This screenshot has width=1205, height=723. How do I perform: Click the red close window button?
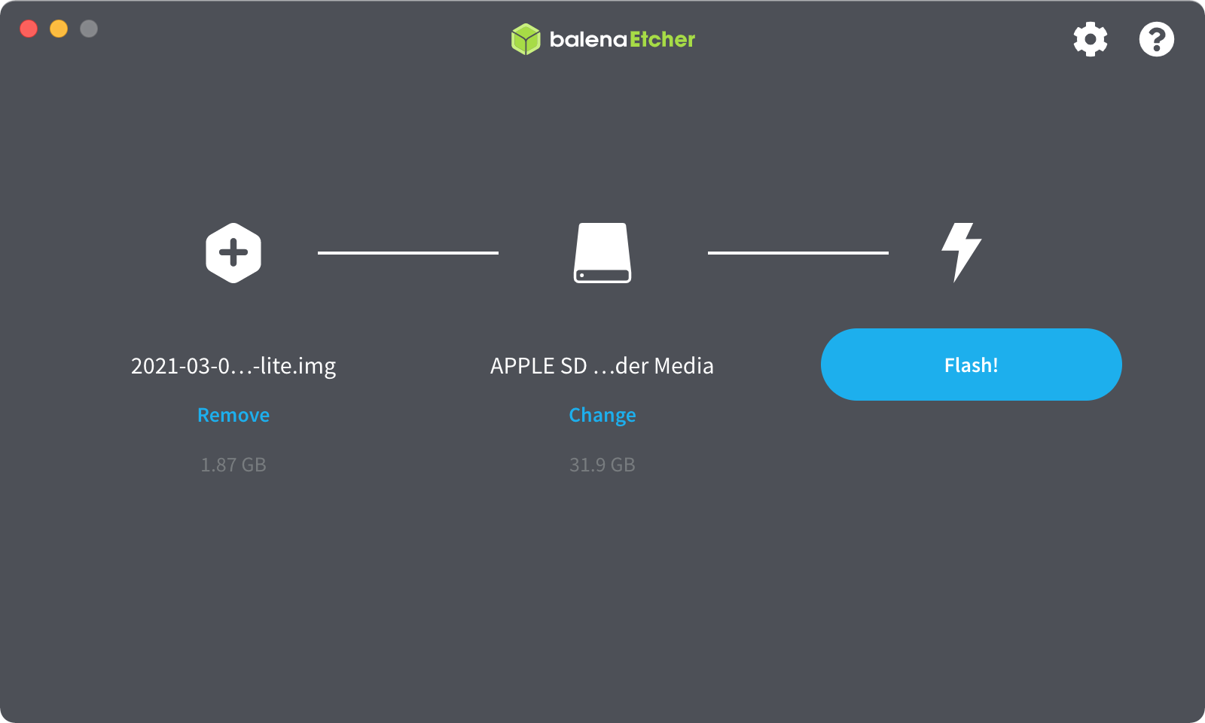(29, 29)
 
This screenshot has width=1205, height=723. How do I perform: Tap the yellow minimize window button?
(59, 29)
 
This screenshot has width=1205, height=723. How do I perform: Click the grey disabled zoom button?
(89, 29)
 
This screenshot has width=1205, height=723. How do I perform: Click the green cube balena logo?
(526, 39)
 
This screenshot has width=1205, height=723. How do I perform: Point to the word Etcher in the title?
(662, 39)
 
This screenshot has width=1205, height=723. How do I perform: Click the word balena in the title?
(588, 40)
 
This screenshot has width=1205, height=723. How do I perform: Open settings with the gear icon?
(1091, 39)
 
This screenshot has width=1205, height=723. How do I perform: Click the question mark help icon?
(1157, 39)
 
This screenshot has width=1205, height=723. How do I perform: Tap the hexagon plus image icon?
(233, 253)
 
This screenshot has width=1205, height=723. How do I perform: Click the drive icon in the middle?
(602, 253)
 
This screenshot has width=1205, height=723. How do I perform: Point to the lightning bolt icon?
(961, 252)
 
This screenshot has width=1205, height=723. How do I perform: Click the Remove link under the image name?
(233, 415)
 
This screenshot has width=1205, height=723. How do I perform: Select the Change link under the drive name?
(602, 415)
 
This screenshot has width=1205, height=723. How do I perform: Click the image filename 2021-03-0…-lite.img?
(233, 366)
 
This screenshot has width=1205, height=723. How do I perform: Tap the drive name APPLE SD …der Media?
(602, 366)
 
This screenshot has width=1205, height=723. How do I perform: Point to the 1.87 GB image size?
(233, 464)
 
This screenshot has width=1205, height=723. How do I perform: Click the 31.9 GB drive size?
(602, 464)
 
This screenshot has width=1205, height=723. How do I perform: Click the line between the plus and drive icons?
(408, 253)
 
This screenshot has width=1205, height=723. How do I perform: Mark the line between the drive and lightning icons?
(798, 253)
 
